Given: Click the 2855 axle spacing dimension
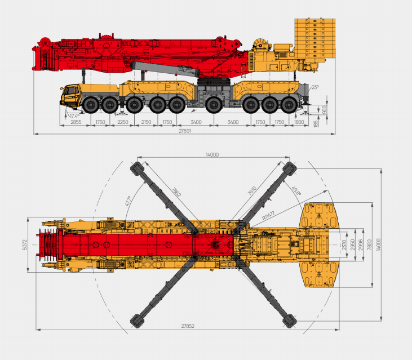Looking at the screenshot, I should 76,122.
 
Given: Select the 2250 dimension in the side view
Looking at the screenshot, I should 123,122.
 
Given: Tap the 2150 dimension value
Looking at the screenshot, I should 146,122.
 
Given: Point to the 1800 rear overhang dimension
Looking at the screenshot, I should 299,122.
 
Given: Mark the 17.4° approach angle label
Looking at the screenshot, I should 73,115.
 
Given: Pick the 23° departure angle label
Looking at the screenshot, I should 314,87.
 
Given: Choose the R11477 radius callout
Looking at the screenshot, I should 269,215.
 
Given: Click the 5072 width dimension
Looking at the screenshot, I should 24,245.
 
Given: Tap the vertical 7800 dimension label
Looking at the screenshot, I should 369,245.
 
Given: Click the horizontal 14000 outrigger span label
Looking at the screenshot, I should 212,154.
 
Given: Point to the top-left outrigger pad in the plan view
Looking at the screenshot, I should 137,167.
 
